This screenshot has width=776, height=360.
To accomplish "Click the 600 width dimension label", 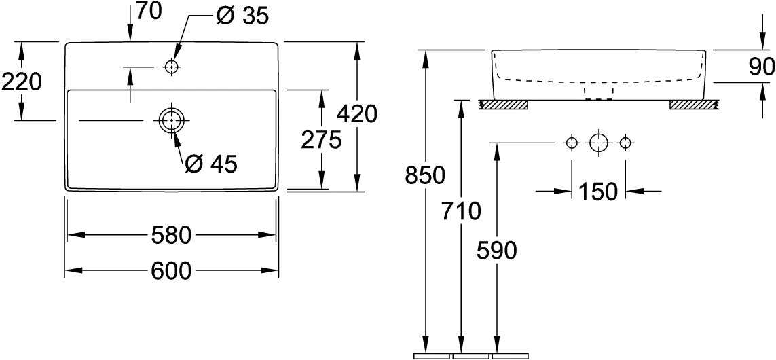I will tap(170, 270).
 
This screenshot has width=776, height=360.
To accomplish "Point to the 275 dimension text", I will tap(321, 141).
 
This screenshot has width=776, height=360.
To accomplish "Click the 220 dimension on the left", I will tap(22, 82).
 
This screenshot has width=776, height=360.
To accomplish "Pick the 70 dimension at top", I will tap(148, 12).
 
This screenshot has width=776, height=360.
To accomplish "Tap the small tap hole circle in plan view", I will tap(171, 67).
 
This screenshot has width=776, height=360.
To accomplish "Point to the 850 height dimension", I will tap(424, 175).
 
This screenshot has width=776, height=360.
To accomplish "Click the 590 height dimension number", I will tap(497, 251).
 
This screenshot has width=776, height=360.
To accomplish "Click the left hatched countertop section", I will tap(504, 105).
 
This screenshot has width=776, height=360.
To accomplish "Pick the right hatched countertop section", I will tap(694, 105).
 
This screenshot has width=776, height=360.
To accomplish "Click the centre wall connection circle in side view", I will tap(598, 143).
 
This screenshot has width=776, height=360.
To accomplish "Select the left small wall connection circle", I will tap(572, 143).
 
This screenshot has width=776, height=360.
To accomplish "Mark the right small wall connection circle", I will tap(626, 143).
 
